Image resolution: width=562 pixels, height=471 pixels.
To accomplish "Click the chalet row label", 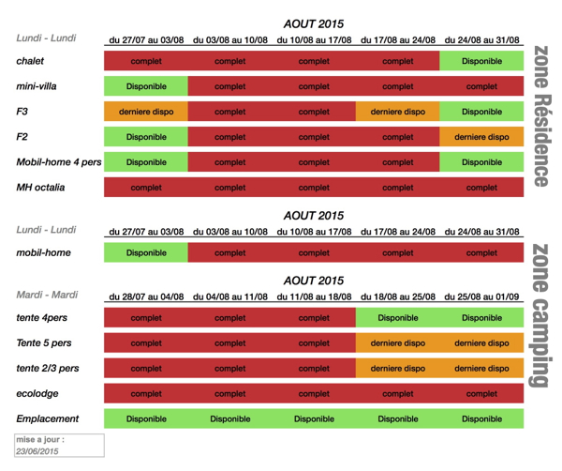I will click(30, 61).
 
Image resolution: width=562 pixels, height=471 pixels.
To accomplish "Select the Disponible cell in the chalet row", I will click(481, 61).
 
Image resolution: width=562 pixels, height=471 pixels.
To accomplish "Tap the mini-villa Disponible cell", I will click(145, 86).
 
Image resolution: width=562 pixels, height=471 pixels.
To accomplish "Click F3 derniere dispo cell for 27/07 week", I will click(145, 112).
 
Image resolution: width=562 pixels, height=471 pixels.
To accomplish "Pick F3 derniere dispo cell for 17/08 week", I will click(397, 112).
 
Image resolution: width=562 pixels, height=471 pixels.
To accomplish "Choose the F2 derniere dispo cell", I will click(481, 137).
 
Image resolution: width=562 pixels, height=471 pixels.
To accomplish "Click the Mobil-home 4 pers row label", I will click(58, 162).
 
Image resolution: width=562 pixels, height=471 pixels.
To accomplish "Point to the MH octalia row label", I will click(40, 188).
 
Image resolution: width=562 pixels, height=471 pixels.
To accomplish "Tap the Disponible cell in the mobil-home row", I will click(145, 252).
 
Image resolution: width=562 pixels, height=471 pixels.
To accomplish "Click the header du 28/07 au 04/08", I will click(145, 296).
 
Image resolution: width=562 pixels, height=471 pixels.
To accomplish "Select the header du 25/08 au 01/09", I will click(481, 296).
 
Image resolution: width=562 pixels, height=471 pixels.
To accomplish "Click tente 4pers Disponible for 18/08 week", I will click(397, 318).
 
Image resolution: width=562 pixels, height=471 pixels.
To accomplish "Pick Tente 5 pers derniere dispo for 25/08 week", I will click(481, 343).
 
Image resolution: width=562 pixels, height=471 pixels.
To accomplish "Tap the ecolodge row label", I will click(37, 393).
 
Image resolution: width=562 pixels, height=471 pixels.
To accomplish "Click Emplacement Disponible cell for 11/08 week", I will click(313, 418).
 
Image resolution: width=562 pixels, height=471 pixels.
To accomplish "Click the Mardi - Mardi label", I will click(46, 295).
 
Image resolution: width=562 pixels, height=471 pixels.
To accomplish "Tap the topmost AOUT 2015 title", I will click(313, 23).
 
